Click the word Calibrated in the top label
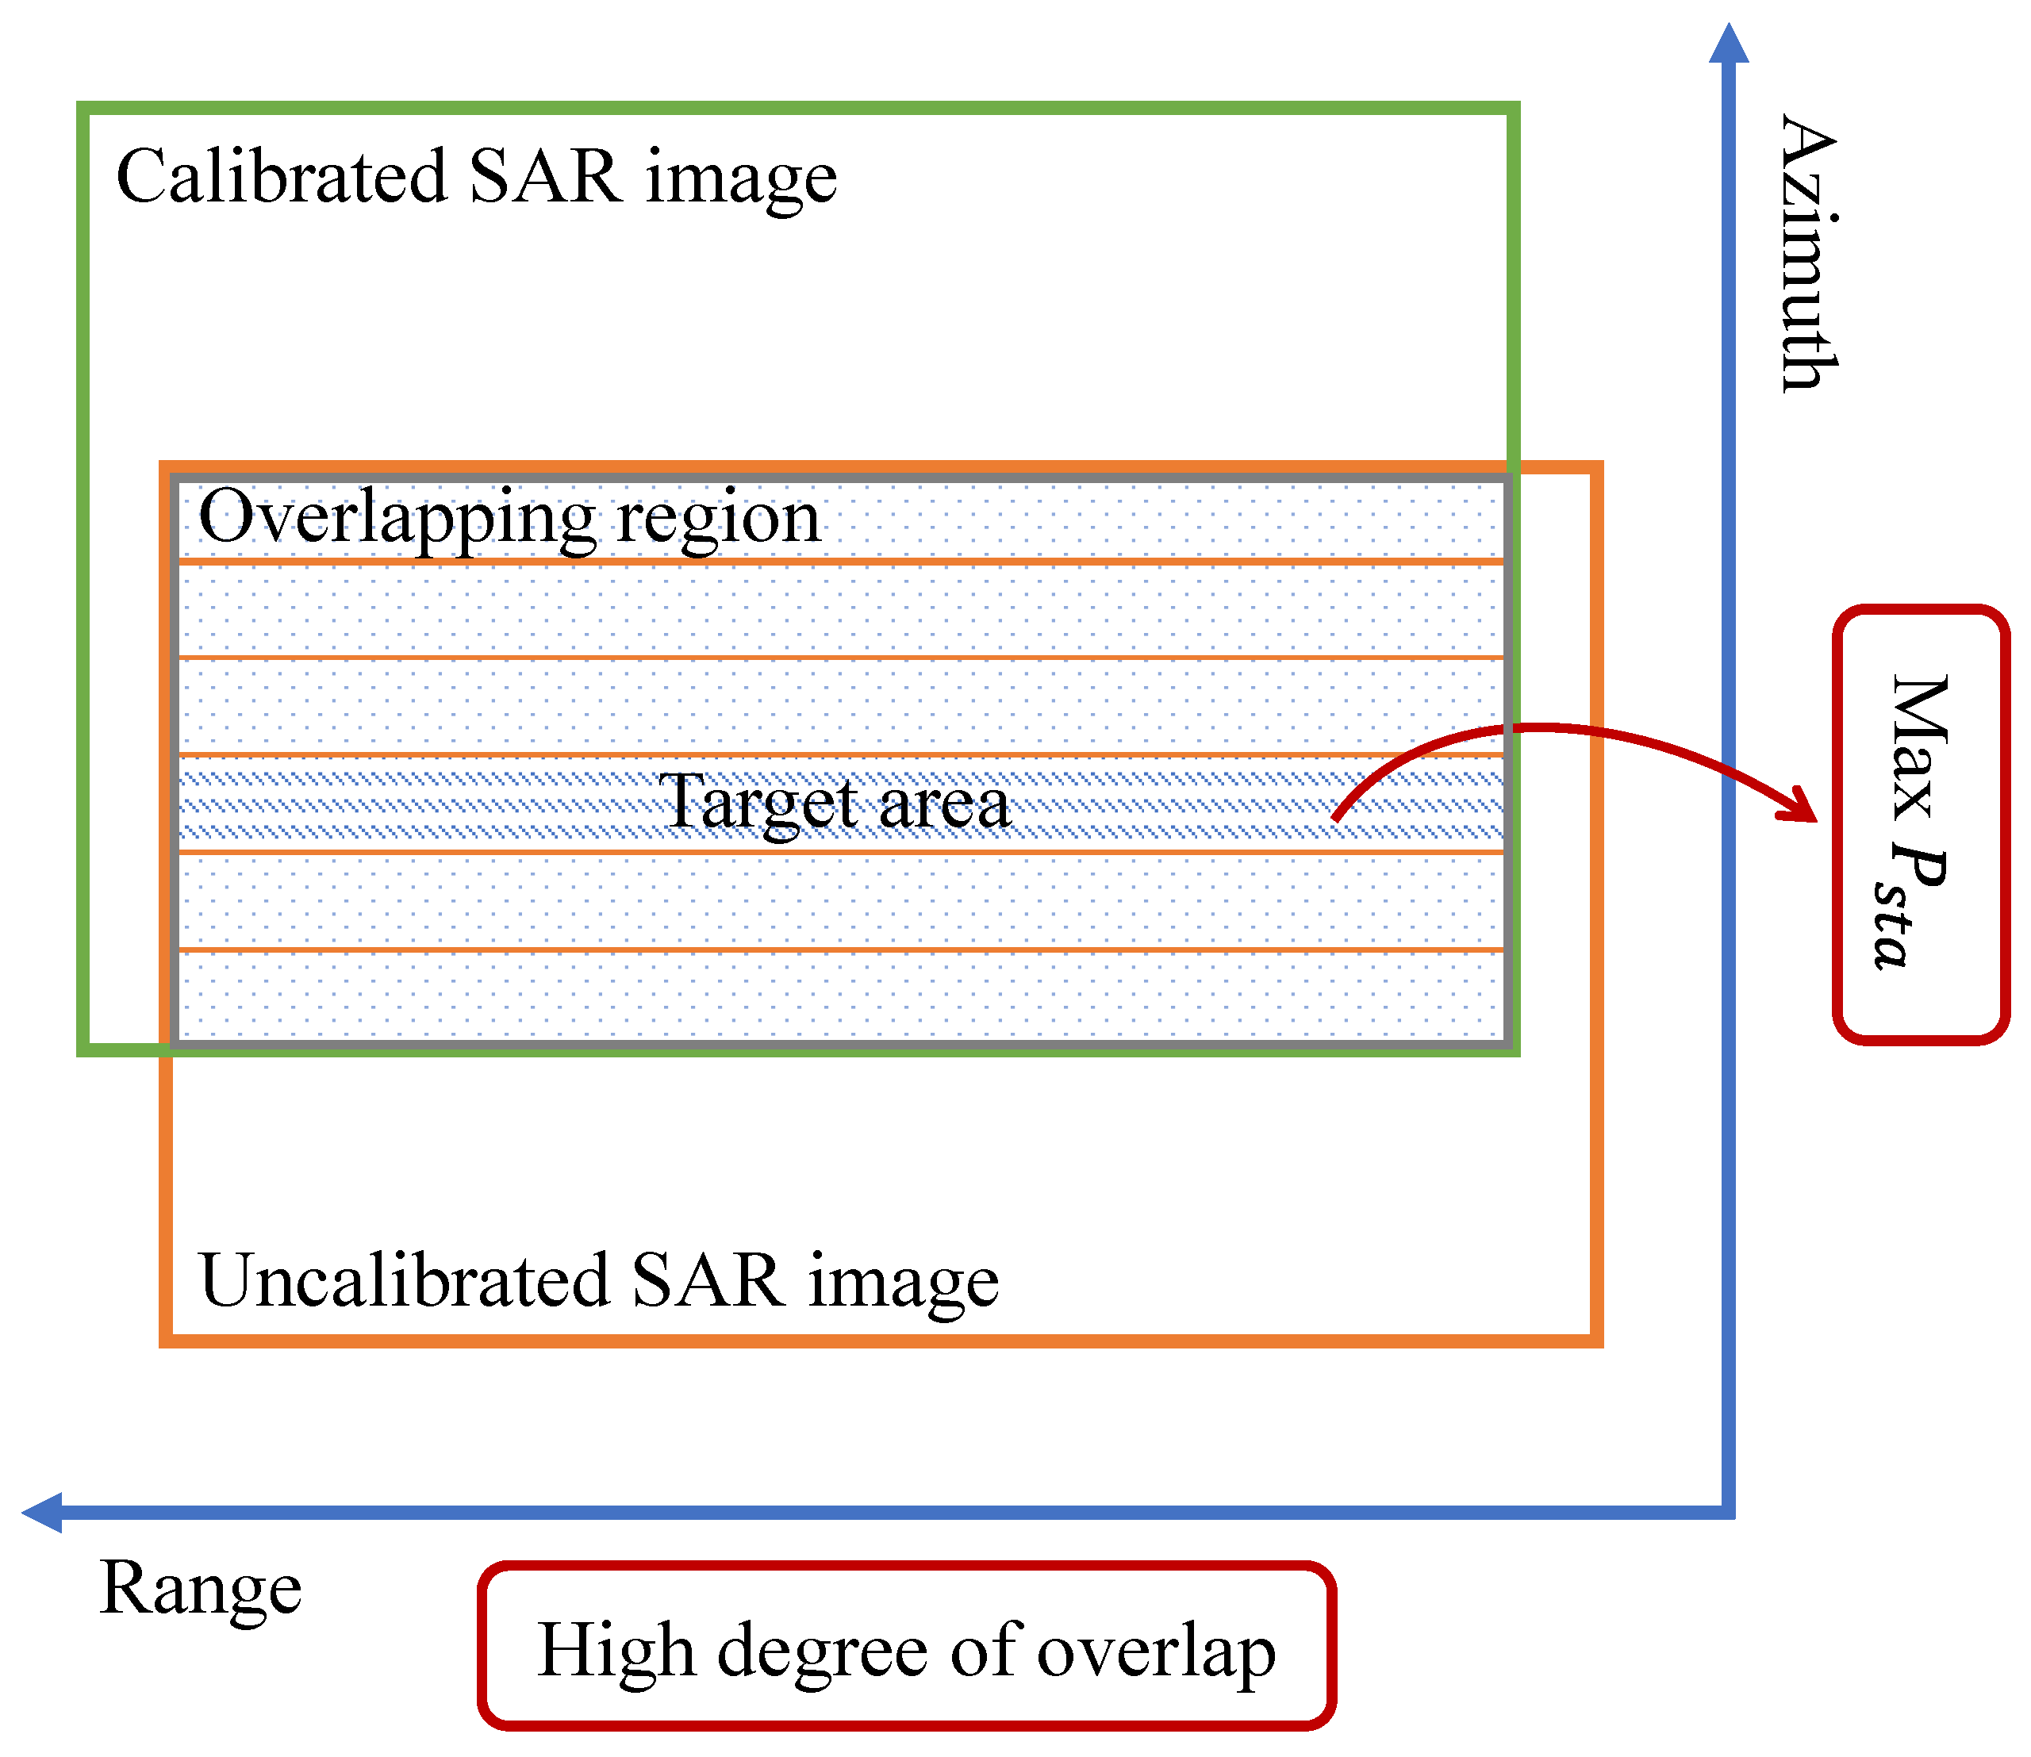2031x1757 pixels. pyautogui.click(x=282, y=178)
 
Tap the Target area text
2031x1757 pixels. pyautogui.click(x=834, y=803)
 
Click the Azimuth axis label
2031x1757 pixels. pyautogui.click(x=1810, y=253)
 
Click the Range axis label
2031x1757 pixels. pyautogui.click(x=201, y=1587)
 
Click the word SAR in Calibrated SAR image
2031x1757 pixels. pyautogui.click(x=545, y=178)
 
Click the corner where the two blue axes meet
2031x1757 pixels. pyautogui.click(x=1729, y=1513)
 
